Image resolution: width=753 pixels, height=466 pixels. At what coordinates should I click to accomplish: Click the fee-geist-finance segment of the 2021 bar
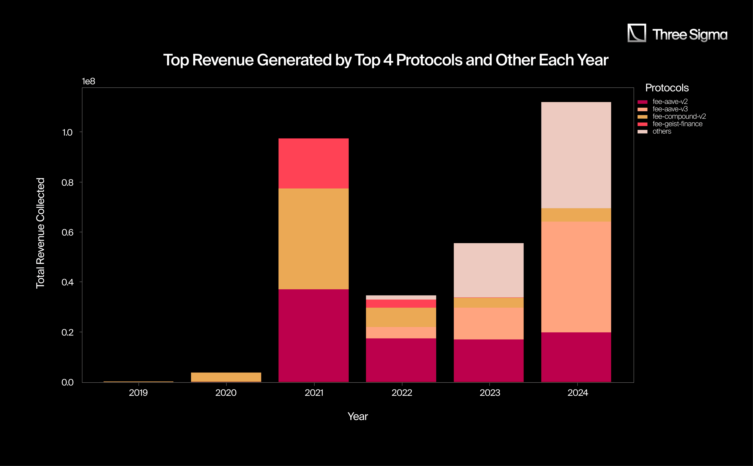click(x=313, y=163)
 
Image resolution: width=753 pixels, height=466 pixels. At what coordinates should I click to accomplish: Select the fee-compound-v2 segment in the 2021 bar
click(x=313, y=239)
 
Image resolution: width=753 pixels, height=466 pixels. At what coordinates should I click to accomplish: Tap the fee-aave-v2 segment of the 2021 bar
click(x=313, y=336)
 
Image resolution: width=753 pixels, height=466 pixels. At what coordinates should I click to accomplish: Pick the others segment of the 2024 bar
click(x=576, y=155)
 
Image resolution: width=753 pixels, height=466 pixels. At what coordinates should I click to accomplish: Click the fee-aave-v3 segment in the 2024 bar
click(x=576, y=277)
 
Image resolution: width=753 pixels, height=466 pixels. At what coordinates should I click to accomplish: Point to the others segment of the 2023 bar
click(x=489, y=270)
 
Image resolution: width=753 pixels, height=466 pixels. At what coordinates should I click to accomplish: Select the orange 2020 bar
click(x=226, y=377)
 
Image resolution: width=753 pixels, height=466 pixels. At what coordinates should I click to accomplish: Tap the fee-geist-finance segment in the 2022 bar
click(x=401, y=304)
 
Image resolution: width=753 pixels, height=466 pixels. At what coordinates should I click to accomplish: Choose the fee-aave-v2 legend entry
click(x=670, y=102)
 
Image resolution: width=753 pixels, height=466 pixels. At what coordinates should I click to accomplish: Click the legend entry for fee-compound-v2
click(x=679, y=116)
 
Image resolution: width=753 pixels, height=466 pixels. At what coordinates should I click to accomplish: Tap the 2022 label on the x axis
click(x=402, y=393)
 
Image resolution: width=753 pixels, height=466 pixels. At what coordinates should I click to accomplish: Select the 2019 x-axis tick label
click(x=138, y=393)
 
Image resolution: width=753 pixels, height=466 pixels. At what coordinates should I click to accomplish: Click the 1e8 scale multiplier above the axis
click(x=88, y=81)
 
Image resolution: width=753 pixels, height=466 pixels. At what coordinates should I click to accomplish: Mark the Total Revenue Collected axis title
click(x=40, y=233)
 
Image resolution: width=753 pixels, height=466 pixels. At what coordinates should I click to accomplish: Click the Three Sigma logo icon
click(x=636, y=33)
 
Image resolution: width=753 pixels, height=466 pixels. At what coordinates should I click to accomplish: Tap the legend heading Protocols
click(x=667, y=88)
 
